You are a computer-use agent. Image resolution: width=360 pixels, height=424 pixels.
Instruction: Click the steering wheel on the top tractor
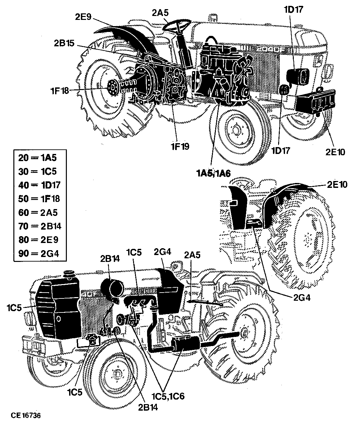177,24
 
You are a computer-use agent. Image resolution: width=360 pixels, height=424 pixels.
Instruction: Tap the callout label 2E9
83,17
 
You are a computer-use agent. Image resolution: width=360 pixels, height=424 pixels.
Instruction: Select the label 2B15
64,43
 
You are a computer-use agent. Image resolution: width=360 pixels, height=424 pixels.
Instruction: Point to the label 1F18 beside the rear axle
60,90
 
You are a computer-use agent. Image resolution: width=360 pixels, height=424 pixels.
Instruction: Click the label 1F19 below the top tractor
180,146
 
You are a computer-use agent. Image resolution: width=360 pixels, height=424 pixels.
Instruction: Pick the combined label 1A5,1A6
214,173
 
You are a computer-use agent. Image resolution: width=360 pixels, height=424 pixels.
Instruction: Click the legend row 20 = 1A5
37,158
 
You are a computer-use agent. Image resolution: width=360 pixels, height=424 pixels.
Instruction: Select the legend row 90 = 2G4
39,254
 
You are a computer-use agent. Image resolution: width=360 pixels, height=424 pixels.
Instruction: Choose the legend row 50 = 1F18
39,199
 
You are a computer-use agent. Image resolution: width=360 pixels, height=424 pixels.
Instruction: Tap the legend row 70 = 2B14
40,226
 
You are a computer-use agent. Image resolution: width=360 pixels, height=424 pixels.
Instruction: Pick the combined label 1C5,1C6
168,396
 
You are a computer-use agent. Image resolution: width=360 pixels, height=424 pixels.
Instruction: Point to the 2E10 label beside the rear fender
337,185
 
